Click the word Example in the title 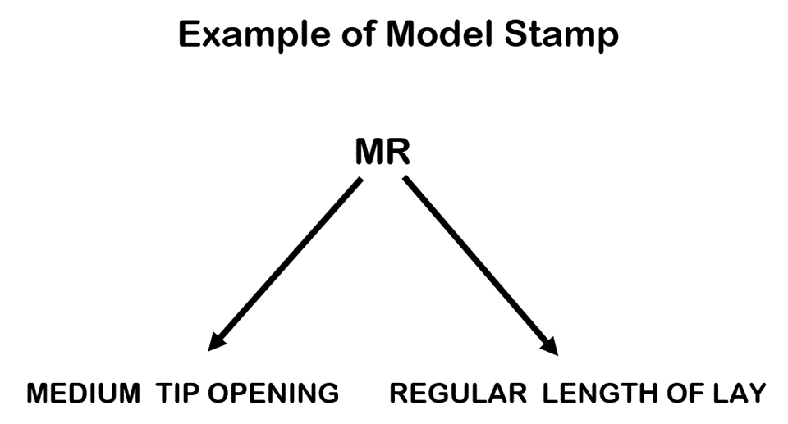pos(250,35)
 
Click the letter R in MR pos(399,152)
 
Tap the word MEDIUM pos(83,394)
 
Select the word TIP pos(179,394)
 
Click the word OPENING pos(273,394)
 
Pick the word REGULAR pos(458,394)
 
